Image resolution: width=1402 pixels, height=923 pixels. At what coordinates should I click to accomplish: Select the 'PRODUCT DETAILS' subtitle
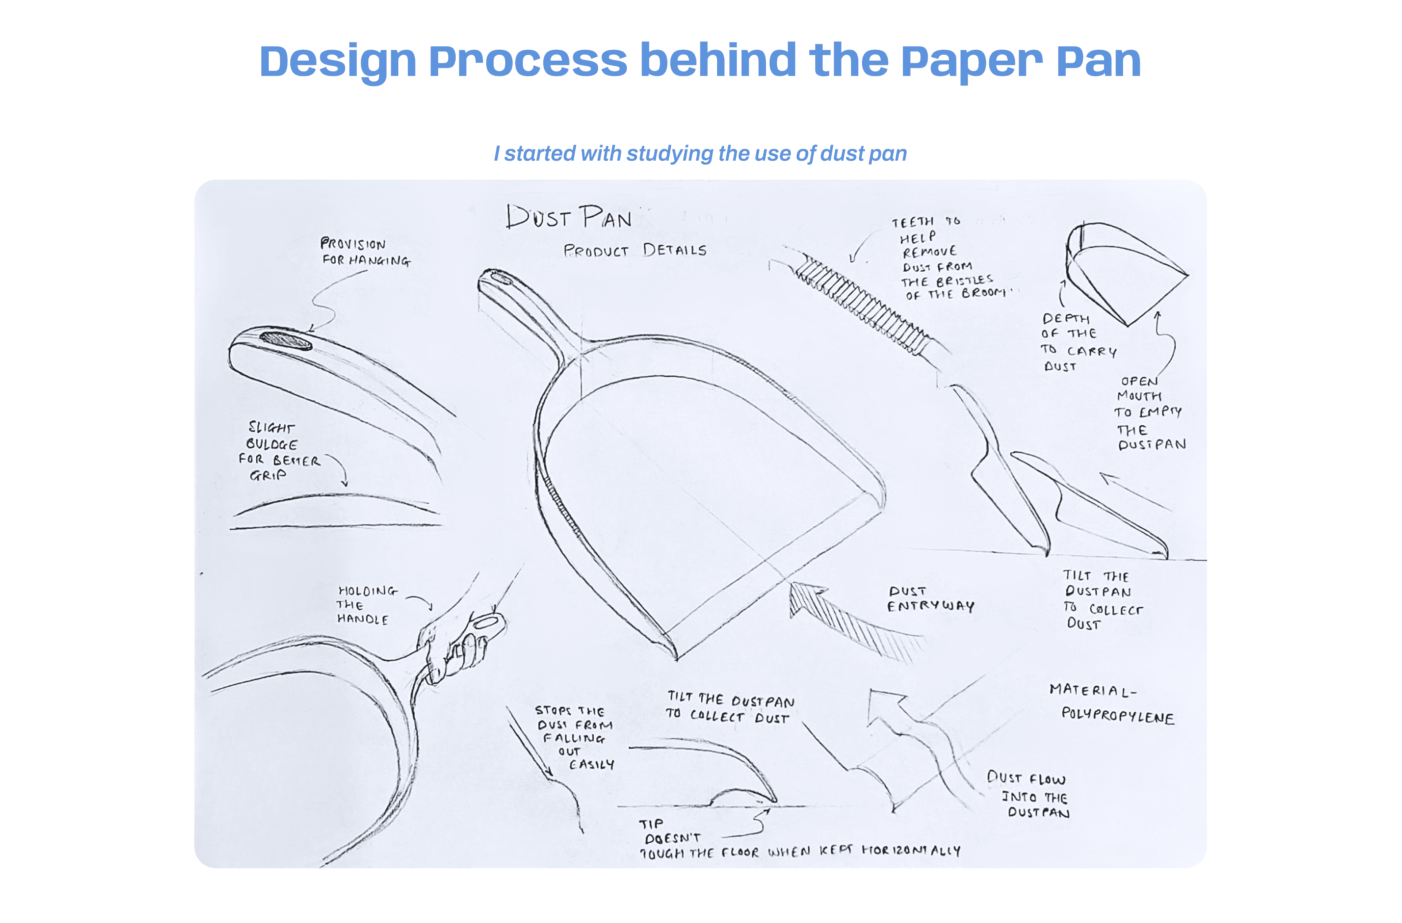click(x=635, y=250)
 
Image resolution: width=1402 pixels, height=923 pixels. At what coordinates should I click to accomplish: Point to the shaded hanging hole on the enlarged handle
click(x=286, y=340)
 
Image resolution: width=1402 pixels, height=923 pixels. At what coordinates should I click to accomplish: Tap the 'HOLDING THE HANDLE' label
click(x=365, y=605)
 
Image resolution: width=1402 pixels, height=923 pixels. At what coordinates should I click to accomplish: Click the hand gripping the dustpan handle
click(x=456, y=651)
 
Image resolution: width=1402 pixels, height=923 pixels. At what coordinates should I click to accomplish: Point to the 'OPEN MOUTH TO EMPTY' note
click(x=1149, y=412)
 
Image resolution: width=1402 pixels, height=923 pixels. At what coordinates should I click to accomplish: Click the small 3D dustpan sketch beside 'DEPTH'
click(x=1119, y=271)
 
